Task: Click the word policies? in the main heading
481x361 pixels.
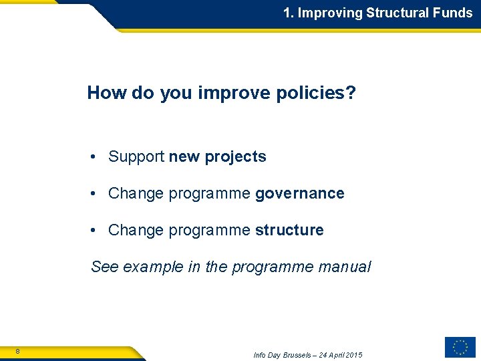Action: (x=315, y=93)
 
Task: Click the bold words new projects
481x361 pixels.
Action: (x=218, y=157)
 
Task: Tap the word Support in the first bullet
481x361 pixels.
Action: (x=136, y=157)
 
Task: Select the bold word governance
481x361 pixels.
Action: (x=300, y=194)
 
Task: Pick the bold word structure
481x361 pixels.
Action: (x=289, y=231)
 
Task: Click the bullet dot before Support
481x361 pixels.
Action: (x=96, y=157)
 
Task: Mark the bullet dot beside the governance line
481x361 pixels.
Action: (x=96, y=194)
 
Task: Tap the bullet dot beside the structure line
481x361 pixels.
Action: (x=96, y=231)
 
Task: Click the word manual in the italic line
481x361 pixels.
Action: (x=344, y=267)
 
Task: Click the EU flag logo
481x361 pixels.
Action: (x=460, y=347)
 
